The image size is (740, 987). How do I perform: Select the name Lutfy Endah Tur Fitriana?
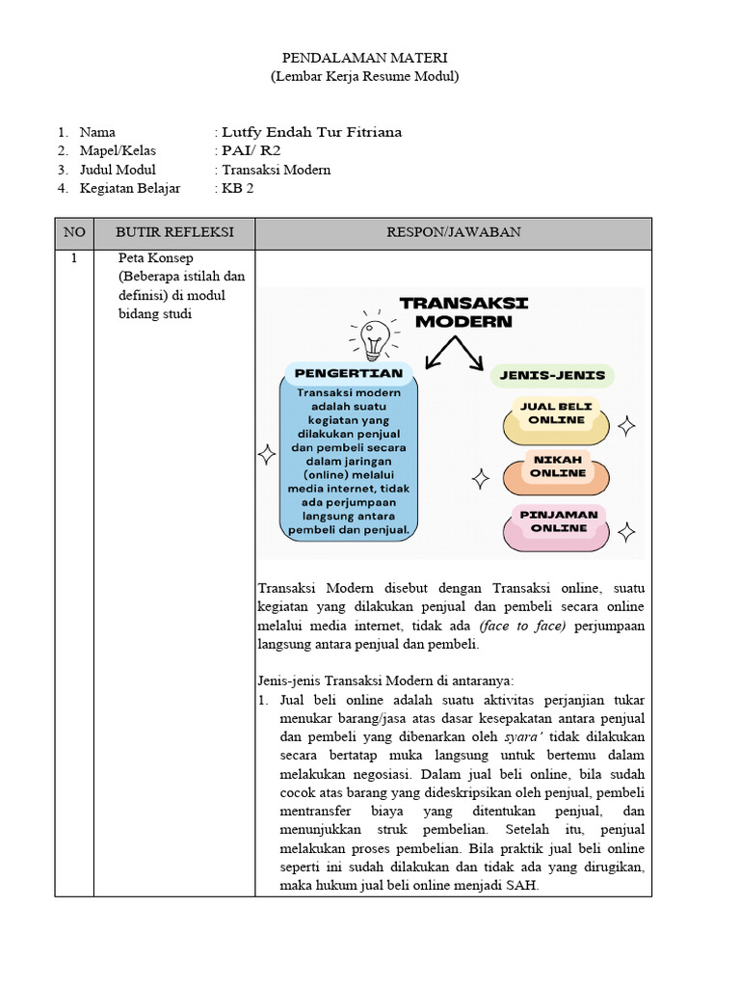(x=311, y=132)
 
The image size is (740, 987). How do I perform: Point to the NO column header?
(x=74, y=232)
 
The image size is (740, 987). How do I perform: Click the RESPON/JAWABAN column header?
(x=453, y=232)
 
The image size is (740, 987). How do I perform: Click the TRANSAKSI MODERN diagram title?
(x=463, y=312)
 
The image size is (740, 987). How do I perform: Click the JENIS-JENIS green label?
(x=552, y=375)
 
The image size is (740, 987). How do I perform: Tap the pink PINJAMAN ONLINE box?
(x=558, y=521)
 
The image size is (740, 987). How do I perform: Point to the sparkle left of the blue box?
(x=267, y=456)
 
